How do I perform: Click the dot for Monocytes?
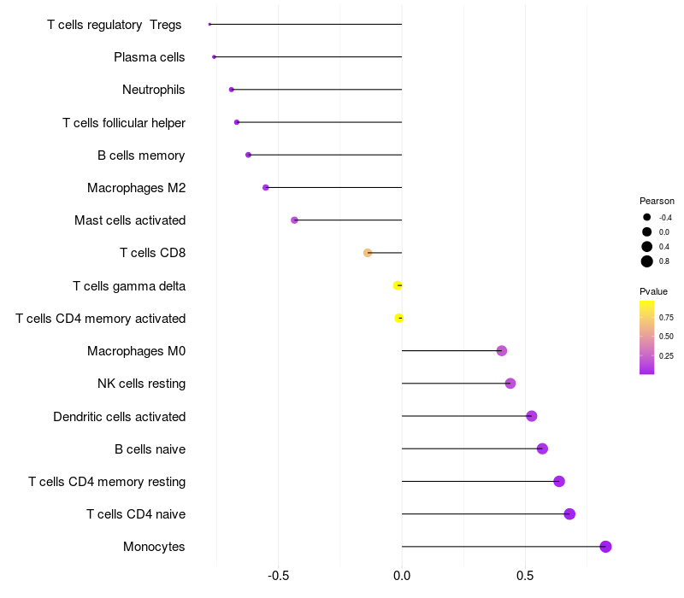point(605,547)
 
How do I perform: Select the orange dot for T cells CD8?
point(368,253)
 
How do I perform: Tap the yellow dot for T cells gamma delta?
point(398,285)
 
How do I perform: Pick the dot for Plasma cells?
point(214,57)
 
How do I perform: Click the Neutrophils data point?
point(232,90)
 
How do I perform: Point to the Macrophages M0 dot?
point(502,351)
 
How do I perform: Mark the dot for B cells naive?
point(542,448)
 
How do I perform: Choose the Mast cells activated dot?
point(294,220)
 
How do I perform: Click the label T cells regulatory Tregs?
point(115,25)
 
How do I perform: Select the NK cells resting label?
point(141,384)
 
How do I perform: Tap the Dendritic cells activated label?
point(119,417)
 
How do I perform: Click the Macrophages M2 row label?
point(136,188)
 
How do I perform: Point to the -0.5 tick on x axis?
point(279,576)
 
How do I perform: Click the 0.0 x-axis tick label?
point(402,576)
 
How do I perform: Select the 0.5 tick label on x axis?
point(525,576)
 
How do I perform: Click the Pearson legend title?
point(657,201)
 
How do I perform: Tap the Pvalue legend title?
point(654,291)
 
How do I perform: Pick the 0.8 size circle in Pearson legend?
point(647,261)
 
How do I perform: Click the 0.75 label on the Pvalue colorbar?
point(666,317)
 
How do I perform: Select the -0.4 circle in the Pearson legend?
point(647,217)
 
